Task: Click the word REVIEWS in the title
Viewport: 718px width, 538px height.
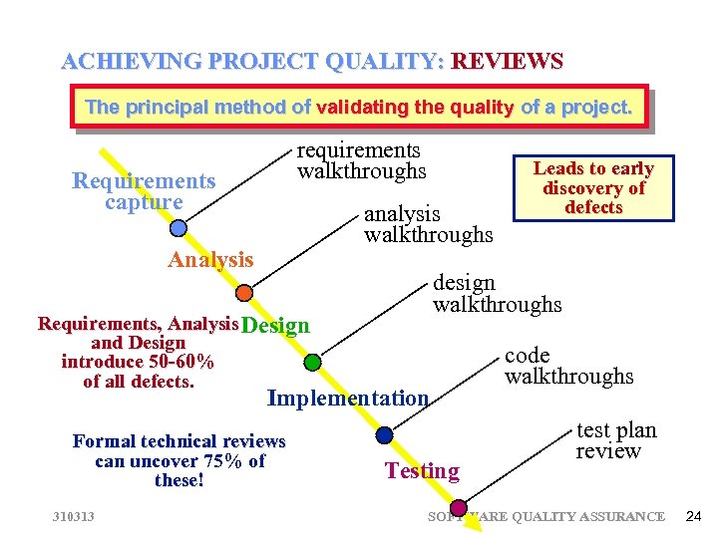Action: [508, 62]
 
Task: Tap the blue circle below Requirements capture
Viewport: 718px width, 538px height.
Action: [178, 228]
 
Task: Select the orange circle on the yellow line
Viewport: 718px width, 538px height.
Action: [244, 293]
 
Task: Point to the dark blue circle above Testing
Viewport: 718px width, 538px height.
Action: [385, 434]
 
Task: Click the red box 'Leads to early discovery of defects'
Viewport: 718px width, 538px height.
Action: [592, 187]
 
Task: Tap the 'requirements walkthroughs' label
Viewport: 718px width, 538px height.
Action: [362, 160]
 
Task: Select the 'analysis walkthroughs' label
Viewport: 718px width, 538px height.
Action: [428, 224]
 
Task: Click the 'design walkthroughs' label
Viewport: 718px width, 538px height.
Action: [497, 293]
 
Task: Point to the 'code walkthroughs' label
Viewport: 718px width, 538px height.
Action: [568, 366]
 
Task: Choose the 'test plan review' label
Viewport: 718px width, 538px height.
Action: [616, 440]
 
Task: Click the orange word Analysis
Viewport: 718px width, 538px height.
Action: [210, 260]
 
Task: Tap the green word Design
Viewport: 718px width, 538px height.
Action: [276, 326]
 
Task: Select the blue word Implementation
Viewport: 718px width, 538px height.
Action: [348, 399]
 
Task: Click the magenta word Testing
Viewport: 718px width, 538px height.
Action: [422, 470]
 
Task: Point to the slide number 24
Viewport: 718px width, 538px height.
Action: [694, 515]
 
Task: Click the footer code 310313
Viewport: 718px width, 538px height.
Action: [75, 516]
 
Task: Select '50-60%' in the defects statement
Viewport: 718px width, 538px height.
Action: [178, 362]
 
